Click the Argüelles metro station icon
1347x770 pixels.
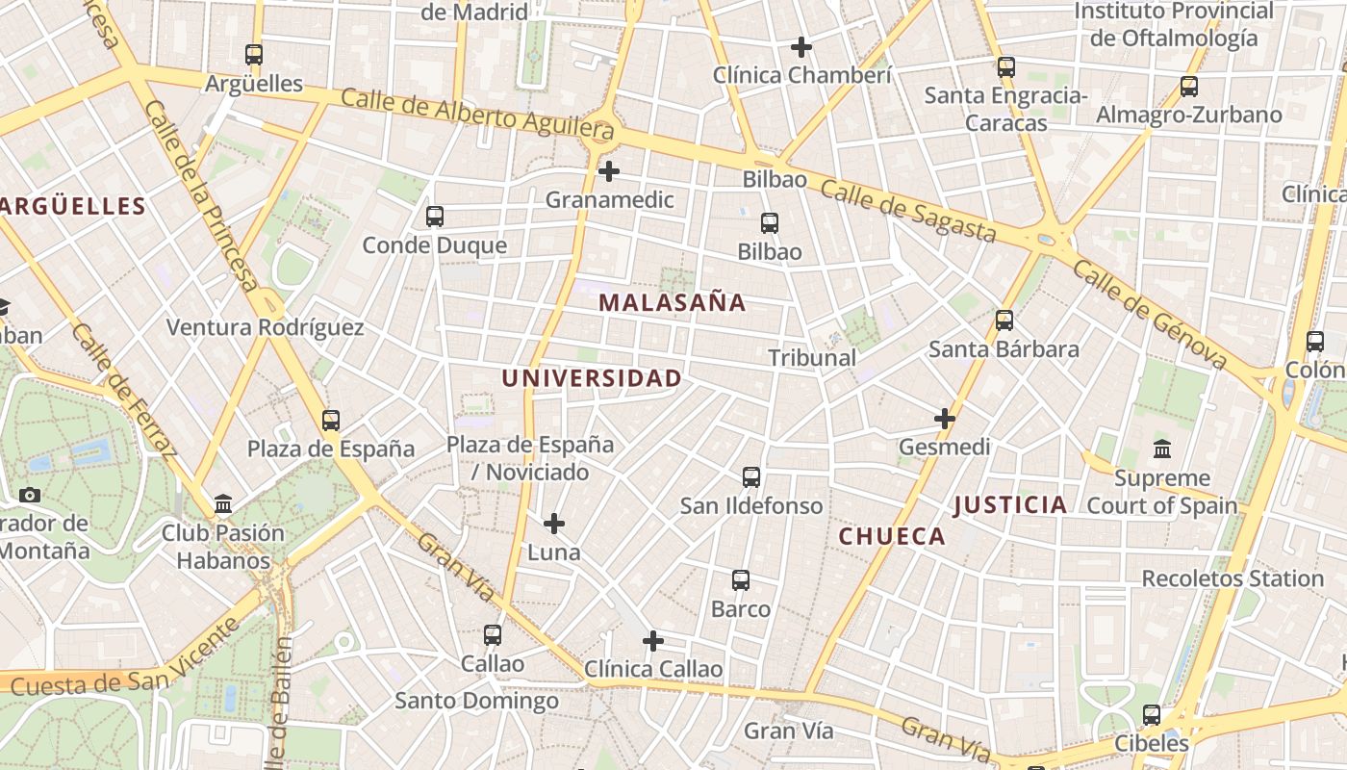coord(254,55)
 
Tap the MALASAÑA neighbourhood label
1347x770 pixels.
coord(672,302)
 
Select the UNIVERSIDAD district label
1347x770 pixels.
coord(591,378)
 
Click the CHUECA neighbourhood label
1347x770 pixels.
coord(892,536)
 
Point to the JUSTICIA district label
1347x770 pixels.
coord(1010,504)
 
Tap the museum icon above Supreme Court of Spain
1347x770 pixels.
coord(1161,449)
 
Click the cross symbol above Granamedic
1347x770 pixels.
coord(608,172)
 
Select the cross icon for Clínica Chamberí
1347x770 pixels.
coord(801,46)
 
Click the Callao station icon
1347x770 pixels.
coord(493,635)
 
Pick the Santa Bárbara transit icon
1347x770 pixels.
coord(1004,321)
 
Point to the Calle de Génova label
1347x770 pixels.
coord(1150,314)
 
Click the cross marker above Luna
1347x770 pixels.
coord(554,524)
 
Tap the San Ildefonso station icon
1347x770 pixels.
coord(751,477)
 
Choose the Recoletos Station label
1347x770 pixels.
coord(1233,578)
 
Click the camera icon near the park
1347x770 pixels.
coord(30,495)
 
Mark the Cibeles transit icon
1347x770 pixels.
coord(1152,715)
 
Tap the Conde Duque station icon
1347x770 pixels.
coord(435,217)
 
